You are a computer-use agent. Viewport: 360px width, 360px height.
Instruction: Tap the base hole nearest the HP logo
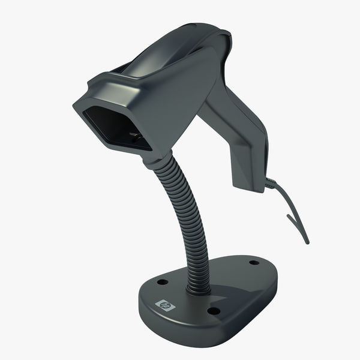(162, 281)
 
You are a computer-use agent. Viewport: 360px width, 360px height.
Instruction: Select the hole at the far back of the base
(254, 262)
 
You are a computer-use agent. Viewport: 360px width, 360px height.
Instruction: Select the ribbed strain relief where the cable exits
(271, 184)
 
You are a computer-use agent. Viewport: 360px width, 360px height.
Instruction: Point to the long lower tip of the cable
(307, 242)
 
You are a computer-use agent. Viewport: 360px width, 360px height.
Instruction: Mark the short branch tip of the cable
(289, 219)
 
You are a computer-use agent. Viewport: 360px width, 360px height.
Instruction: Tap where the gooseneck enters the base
(198, 289)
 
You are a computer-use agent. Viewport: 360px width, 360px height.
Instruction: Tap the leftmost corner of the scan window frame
(74, 107)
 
